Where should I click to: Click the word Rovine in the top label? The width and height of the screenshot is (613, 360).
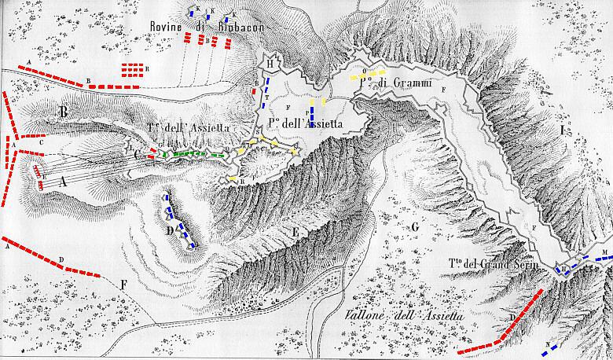pos(167,25)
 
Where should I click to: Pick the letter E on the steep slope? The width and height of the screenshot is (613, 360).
pos(294,232)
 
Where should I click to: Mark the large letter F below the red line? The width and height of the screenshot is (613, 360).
pos(123,285)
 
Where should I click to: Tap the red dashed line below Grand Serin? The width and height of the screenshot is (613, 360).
pos(503,324)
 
